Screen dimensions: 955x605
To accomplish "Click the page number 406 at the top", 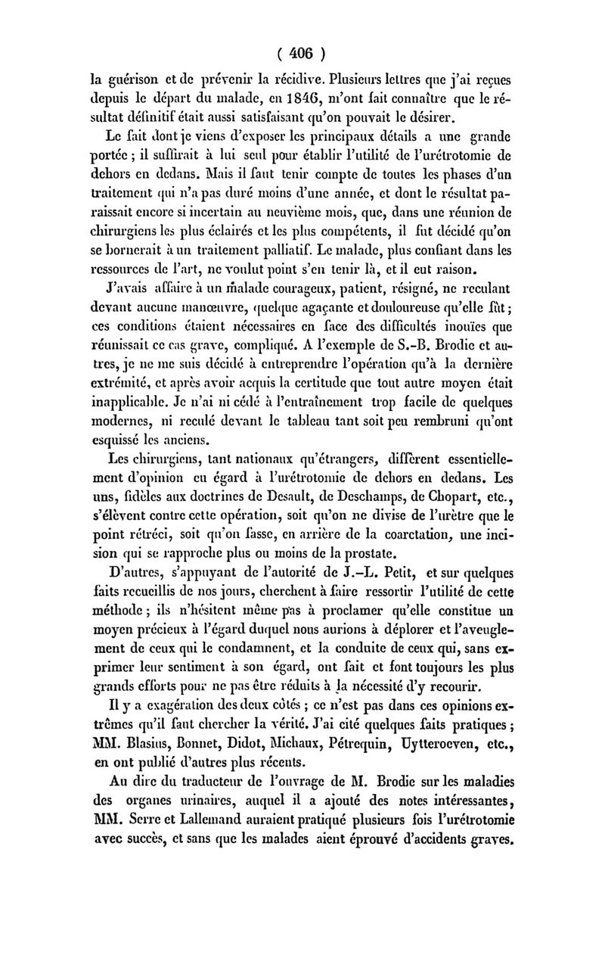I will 302,54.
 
